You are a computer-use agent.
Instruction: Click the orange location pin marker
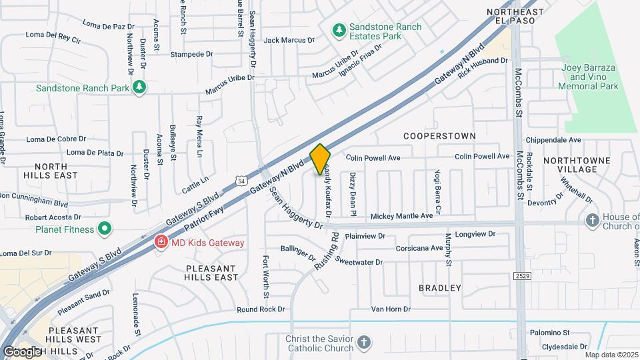tap(320, 159)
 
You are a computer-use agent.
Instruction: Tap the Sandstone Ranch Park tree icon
tap(139, 87)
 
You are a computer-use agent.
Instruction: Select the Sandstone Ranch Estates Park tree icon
tap(339, 30)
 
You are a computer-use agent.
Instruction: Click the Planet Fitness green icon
tap(105, 229)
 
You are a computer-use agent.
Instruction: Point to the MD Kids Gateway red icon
tap(161, 243)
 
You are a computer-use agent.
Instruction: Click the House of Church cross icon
tap(592, 221)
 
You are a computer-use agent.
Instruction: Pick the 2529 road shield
tap(523, 275)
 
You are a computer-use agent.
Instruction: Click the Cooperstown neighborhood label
tap(440, 136)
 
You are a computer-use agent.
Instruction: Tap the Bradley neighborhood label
tap(440, 288)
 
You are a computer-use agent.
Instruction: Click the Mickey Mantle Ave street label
tap(402, 216)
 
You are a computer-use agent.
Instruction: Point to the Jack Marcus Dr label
tap(289, 41)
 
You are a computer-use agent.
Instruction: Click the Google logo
tap(22, 351)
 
